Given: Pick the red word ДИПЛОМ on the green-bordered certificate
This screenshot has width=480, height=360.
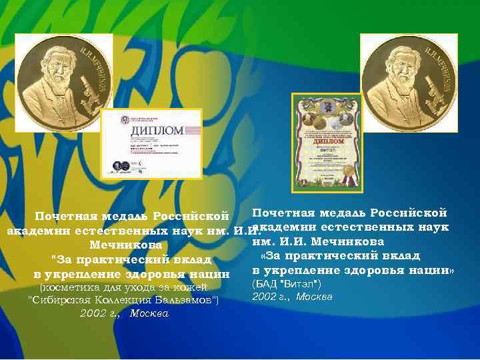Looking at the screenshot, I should click(x=327, y=141).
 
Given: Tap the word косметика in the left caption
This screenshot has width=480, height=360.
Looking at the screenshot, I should click(x=72, y=287).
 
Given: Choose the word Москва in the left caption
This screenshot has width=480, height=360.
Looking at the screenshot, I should click(x=149, y=313).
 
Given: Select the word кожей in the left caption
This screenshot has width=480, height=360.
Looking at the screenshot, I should click(x=203, y=287).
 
